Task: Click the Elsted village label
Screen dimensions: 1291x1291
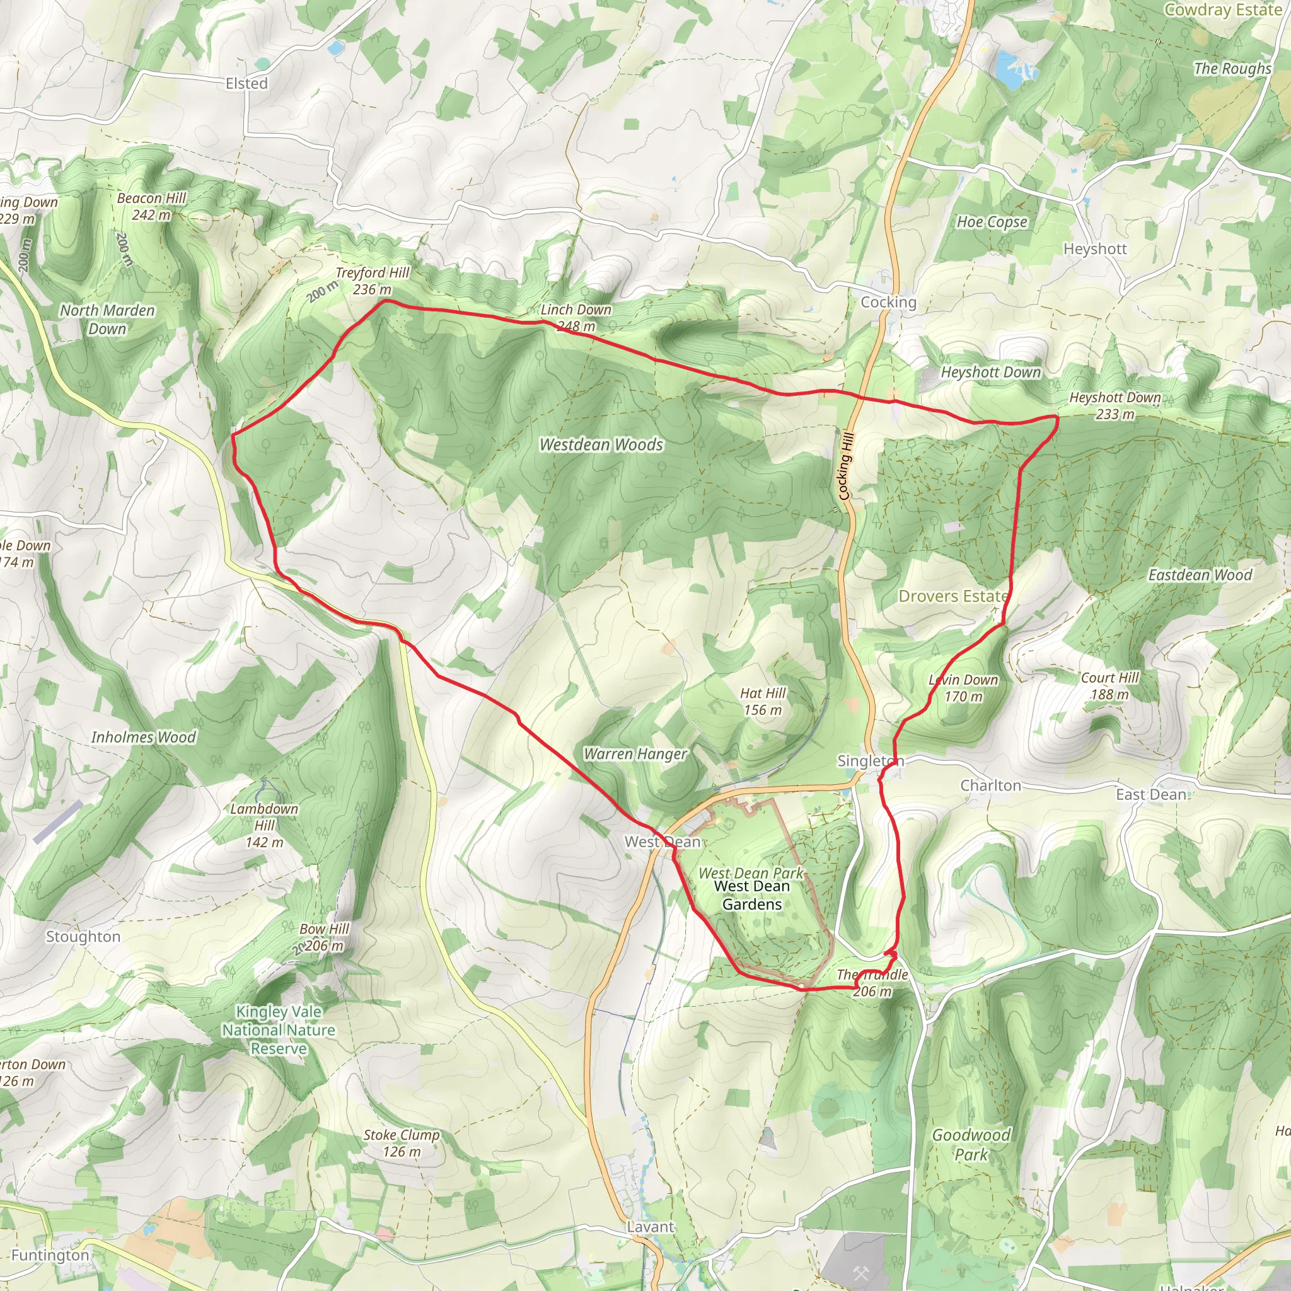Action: pyautogui.click(x=246, y=84)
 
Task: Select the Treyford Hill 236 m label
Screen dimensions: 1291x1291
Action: pyautogui.click(x=372, y=281)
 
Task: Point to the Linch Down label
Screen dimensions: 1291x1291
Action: pyautogui.click(x=576, y=310)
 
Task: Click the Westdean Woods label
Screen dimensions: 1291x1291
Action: pyautogui.click(x=601, y=444)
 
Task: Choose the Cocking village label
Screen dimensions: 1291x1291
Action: pyautogui.click(x=888, y=302)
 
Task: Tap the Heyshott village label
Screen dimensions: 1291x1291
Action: pyautogui.click(x=1094, y=248)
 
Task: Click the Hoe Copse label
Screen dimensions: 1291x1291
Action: pyautogui.click(x=992, y=222)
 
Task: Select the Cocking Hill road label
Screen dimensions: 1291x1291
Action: pyautogui.click(x=845, y=466)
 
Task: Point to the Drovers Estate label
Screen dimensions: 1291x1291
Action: pyautogui.click(x=953, y=596)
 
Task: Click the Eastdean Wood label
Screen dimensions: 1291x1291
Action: pyautogui.click(x=1200, y=575)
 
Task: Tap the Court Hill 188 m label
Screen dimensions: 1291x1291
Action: pyautogui.click(x=1110, y=686)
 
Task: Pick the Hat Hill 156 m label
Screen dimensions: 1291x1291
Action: pyautogui.click(x=763, y=702)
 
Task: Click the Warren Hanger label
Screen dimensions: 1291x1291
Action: pyautogui.click(x=635, y=754)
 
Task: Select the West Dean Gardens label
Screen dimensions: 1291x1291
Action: pyautogui.click(x=752, y=894)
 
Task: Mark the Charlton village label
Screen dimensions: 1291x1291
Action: pyautogui.click(x=990, y=785)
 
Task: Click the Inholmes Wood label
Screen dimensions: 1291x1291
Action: pyautogui.click(x=144, y=737)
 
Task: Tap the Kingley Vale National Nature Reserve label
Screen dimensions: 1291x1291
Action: pyautogui.click(x=279, y=1030)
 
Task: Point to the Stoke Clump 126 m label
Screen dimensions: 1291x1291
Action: pyautogui.click(x=402, y=1143)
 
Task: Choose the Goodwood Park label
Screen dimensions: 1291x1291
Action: pyautogui.click(x=971, y=1144)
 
